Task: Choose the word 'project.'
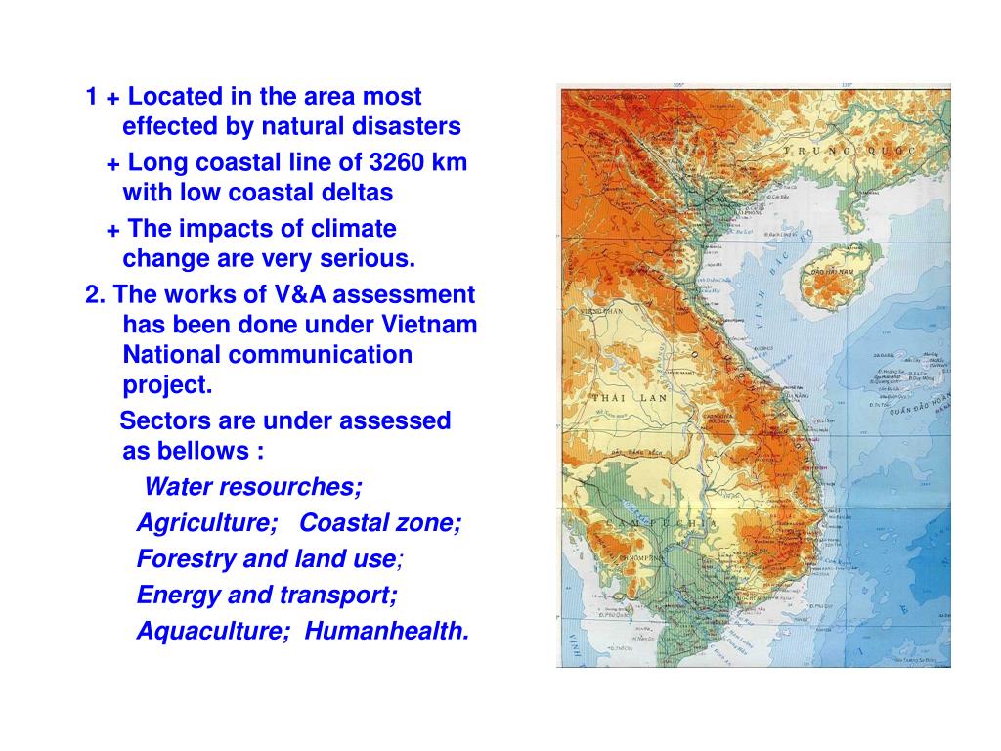[x=167, y=385]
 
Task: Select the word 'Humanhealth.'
[x=387, y=632]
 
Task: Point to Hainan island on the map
[x=826, y=279]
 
